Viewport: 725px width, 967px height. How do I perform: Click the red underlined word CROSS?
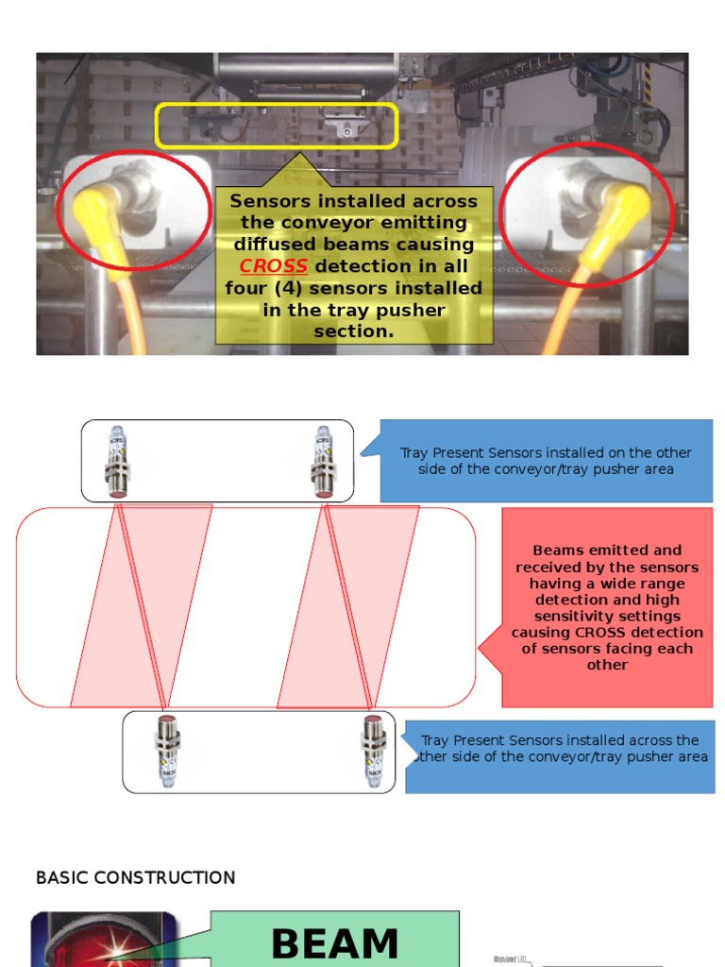(x=273, y=266)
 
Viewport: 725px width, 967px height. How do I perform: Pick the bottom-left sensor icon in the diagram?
(x=167, y=752)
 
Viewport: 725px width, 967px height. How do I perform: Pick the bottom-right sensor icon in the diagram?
(x=374, y=752)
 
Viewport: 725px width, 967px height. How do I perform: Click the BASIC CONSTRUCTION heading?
(x=135, y=878)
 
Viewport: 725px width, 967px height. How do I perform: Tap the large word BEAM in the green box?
(x=335, y=944)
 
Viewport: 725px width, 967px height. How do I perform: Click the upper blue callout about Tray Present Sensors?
(x=546, y=461)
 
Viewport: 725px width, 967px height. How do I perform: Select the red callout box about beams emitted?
(x=607, y=607)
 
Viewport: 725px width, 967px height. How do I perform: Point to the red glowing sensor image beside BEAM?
(x=104, y=940)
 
